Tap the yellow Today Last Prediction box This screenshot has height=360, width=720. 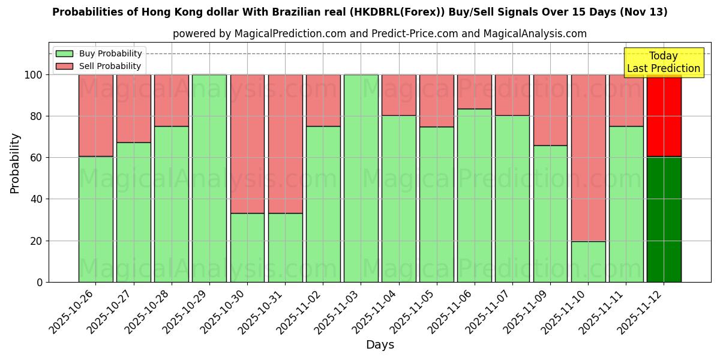664,62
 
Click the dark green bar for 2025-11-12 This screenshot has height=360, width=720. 664,219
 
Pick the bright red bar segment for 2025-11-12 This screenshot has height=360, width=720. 664,115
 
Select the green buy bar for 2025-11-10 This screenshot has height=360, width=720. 588,262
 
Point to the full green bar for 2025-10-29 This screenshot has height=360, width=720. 209,178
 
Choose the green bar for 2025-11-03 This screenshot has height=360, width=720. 361,178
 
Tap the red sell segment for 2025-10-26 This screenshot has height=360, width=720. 95,115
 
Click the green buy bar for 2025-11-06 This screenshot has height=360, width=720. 475,195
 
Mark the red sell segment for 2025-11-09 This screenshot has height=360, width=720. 550,110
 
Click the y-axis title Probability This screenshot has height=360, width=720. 15,163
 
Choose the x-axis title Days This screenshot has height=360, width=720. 380,345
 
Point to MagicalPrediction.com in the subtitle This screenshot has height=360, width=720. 290,34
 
